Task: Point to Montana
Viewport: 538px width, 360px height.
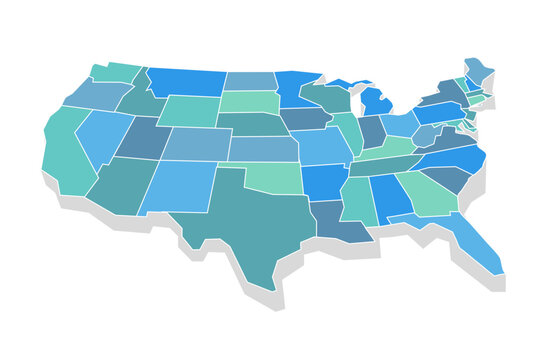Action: [185, 82]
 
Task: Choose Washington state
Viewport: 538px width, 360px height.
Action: [113, 72]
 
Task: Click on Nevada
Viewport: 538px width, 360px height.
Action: [100, 135]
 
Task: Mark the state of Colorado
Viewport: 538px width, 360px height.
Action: [196, 144]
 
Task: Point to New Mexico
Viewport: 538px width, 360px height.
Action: [177, 186]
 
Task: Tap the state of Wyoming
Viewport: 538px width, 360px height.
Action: [187, 111]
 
